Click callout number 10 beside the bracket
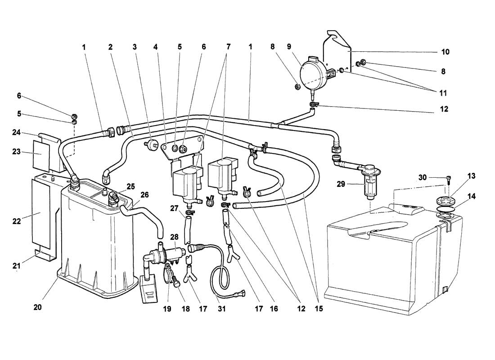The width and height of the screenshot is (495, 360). point(445,52)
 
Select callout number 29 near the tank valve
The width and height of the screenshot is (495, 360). point(341,184)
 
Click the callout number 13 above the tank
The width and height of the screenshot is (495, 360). point(471,176)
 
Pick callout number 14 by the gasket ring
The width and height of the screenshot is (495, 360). point(472,196)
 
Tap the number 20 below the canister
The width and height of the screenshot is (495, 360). point(37,307)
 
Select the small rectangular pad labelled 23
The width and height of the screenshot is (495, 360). point(41,155)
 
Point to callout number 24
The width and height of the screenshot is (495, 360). point(16,132)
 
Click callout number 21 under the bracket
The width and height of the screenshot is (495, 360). point(16,266)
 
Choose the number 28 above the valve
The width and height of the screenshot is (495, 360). point(174,237)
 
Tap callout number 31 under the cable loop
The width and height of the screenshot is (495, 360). point(222,309)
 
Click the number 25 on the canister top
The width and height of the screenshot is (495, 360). point(130,187)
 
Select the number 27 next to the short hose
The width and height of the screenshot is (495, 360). point(174,208)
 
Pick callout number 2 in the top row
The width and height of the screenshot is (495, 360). point(110,47)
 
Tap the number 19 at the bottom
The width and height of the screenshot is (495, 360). point(167,309)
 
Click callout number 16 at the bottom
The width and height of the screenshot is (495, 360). point(274,309)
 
